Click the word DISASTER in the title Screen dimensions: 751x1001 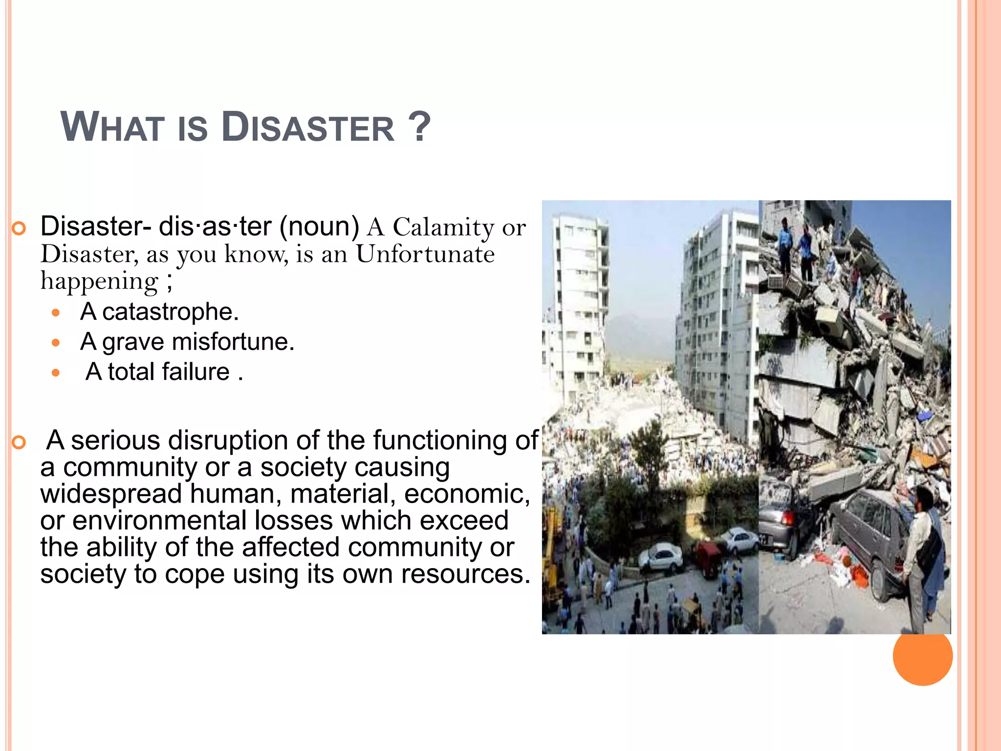[308, 128]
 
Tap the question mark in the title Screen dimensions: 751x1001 [419, 127]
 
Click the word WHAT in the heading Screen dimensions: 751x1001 [112, 128]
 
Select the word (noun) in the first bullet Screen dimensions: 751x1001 [319, 226]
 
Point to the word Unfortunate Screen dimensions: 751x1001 [425, 254]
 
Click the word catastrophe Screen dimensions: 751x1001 [170, 312]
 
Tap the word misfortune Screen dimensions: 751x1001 [233, 342]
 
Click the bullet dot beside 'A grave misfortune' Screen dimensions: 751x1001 [56, 343]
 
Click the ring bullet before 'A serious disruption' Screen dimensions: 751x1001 [19, 442]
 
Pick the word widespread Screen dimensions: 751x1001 [111, 494]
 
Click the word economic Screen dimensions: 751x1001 [466, 494]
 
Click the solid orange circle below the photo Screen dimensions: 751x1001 [922, 656]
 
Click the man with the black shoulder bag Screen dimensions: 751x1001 [922, 552]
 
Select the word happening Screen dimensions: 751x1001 [100, 281]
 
